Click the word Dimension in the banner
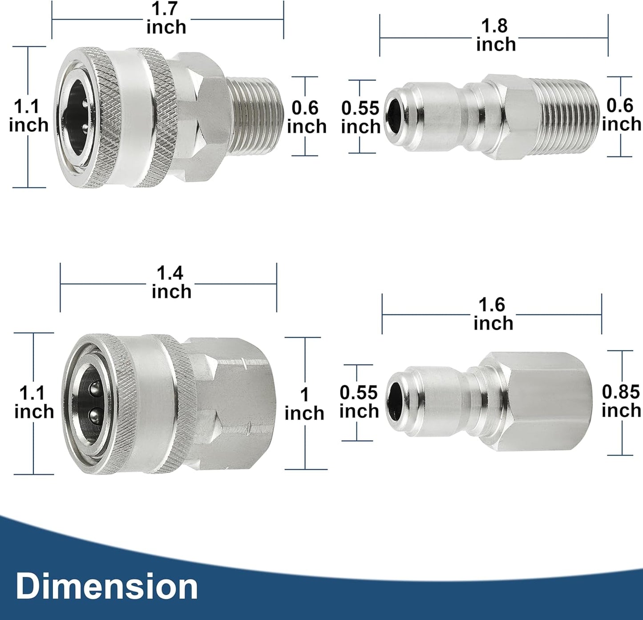[107, 587]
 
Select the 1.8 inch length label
[495, 35]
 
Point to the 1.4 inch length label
[171, 282]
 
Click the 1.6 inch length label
[493, 314]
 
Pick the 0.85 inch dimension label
[621, 401]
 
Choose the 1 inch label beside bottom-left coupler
[304, 404]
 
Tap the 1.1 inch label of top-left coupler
[28, 116]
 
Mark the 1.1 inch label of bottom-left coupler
[34, 403]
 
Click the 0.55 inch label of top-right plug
[360, 117]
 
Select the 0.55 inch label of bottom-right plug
[359, 402]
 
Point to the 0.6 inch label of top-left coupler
[306, 117]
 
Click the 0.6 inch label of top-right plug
[621, 115]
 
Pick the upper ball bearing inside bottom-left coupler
[94, 390]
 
